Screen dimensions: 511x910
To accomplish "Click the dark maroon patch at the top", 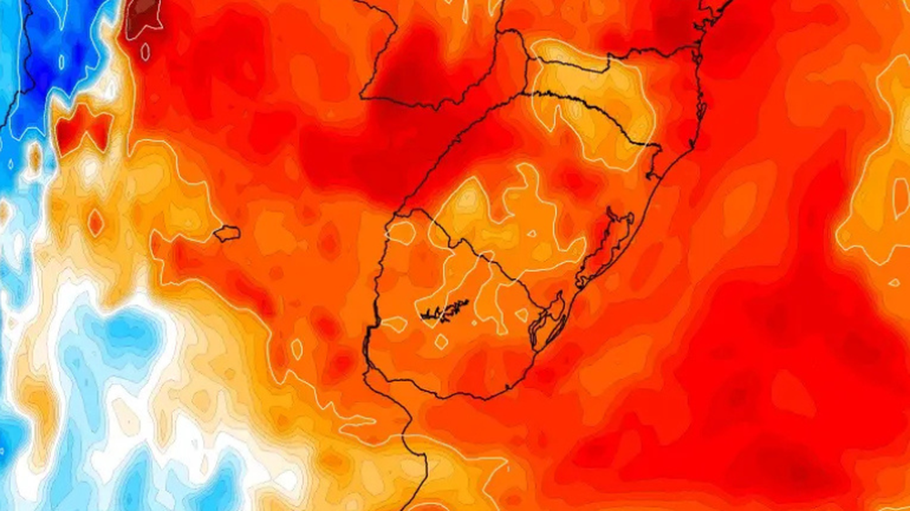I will [143, 15].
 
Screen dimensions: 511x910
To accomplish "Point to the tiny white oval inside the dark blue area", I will [62, 62].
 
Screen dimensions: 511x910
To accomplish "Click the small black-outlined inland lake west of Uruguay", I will [227, 234].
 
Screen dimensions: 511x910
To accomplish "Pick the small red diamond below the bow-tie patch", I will [96, 221].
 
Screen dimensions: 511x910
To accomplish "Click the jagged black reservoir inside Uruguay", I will [445, 312].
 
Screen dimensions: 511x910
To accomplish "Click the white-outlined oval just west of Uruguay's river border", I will [297, 347].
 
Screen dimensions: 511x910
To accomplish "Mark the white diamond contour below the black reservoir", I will [441, 342].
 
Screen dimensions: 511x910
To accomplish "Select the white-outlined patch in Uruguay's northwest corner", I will [400, 232].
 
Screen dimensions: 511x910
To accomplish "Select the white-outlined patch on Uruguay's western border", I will [394, 323].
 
